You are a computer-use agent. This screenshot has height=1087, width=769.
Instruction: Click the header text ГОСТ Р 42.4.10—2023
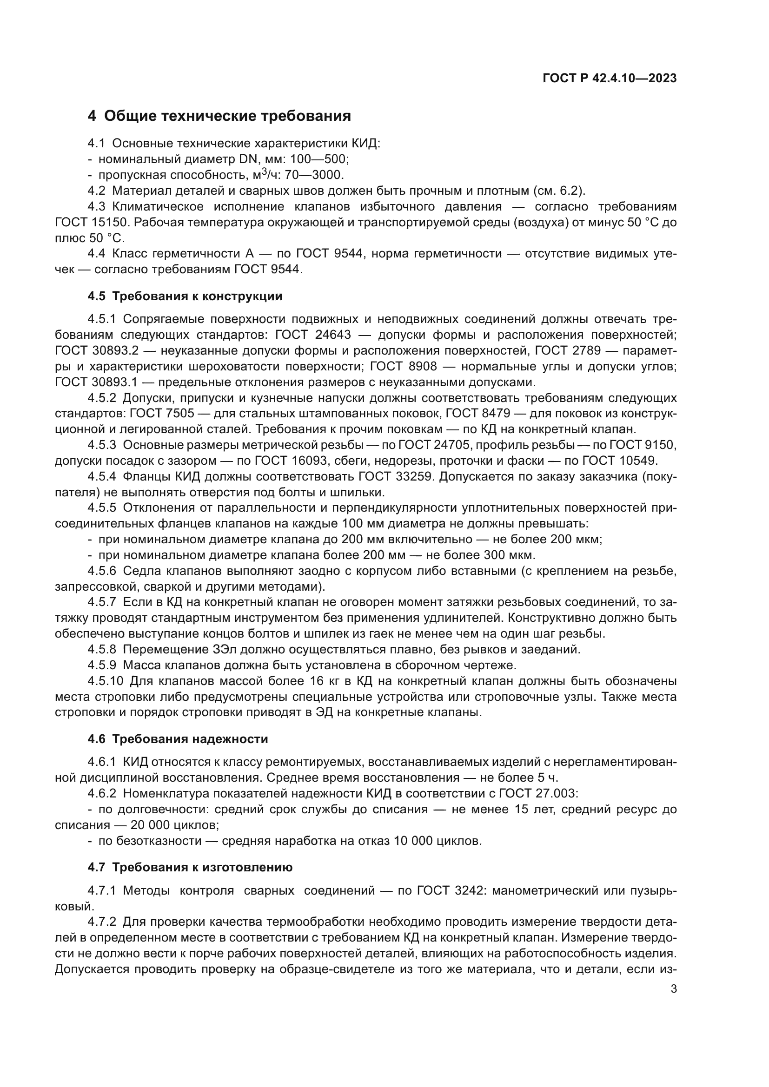coord(609,79)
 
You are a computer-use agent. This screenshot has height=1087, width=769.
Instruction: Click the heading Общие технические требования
coord(227,116)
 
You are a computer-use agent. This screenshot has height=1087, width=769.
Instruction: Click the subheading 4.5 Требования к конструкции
coord(185,296)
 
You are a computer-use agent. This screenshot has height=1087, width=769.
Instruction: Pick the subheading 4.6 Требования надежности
coord(178,739)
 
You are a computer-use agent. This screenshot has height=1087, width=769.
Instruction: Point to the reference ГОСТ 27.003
coord(530,793)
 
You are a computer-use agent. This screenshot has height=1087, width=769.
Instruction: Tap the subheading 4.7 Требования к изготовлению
coord(190,867)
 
